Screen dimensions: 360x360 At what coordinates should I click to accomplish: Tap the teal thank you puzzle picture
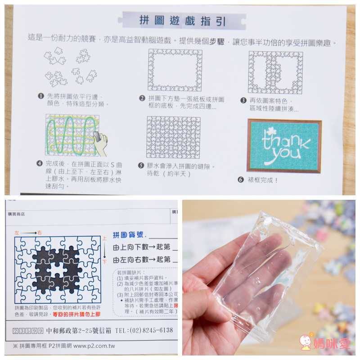[284, 146]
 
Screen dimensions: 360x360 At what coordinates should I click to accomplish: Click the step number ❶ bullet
[40, 96]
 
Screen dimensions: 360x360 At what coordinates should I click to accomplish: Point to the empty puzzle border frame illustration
[175, 70]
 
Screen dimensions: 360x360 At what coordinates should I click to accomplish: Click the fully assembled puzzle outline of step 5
[173, 137]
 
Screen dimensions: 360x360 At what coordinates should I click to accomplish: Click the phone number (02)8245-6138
[148, 330]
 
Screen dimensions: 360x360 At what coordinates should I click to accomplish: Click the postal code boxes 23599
[28, 330]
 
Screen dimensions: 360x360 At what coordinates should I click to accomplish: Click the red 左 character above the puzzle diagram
[17, 232]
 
